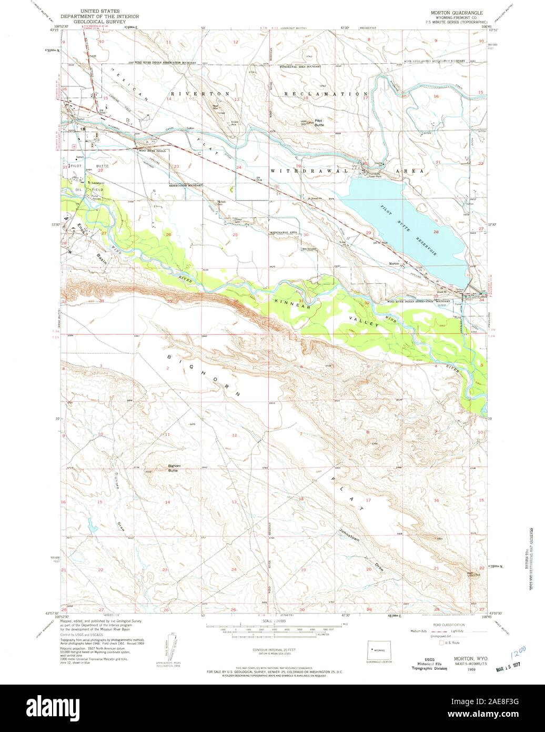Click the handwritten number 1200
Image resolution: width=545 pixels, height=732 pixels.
(x=518, y=656)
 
